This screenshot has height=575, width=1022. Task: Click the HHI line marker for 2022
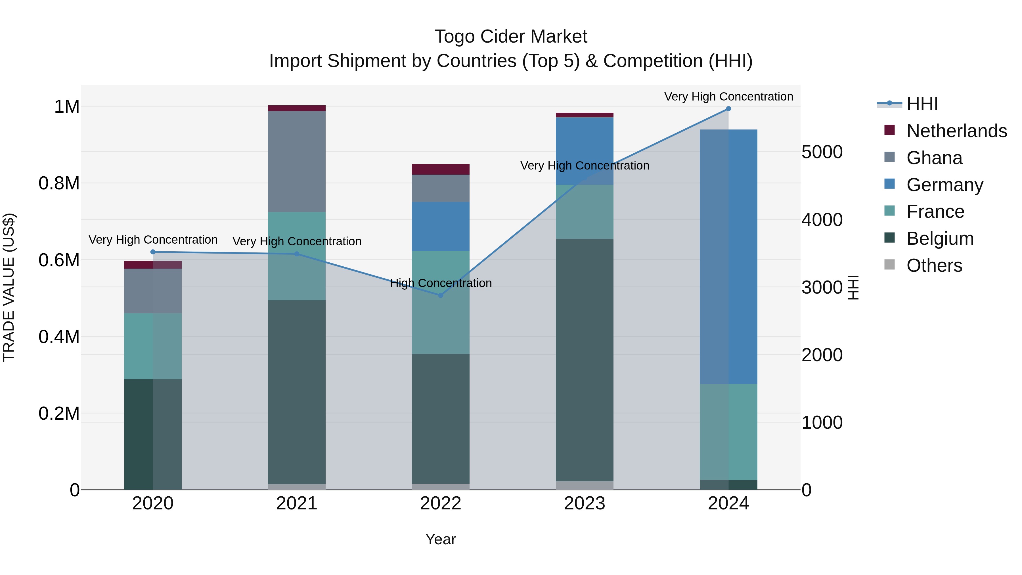440,295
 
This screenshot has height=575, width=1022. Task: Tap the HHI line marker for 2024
728,109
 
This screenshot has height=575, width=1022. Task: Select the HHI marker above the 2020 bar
153,252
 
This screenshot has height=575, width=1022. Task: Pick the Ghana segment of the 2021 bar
297,161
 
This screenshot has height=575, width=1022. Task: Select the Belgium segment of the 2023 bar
585,359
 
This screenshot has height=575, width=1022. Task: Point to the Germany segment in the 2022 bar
440,226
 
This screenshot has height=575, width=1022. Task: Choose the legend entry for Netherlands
956,131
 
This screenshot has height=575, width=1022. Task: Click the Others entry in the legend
934,265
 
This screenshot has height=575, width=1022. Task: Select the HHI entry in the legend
922,104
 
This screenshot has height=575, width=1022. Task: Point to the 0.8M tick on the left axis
59,183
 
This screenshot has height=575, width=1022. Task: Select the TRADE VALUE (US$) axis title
9,287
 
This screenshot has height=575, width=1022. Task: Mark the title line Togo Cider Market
511,37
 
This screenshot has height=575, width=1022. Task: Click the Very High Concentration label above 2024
728,97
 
